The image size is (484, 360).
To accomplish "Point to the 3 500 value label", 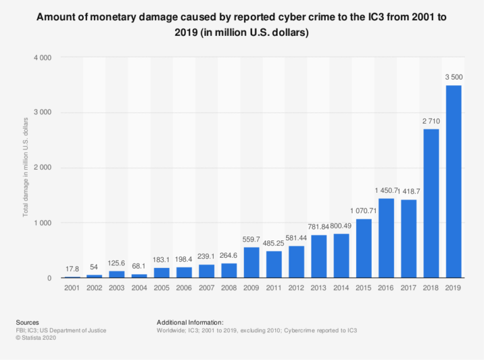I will (454, 78).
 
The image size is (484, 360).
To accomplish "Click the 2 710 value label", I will (431, 121).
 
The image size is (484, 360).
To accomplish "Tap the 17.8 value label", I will (72, 269).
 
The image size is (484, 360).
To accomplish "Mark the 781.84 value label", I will (319, 228).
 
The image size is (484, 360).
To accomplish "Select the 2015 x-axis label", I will (364, 289).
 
